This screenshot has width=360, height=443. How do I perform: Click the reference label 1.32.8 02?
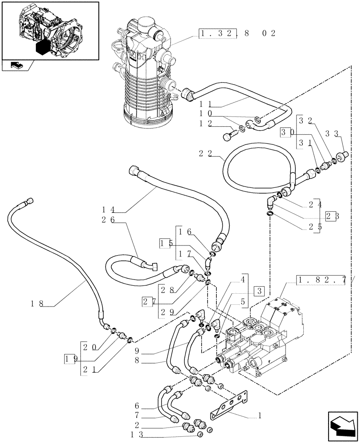[x=237, y=33]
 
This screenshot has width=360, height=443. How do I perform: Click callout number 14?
[x=108, y=209]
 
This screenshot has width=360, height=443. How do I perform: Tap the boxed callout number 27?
[x=148, y=302]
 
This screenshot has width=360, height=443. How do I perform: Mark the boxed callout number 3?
[x=259, y=291]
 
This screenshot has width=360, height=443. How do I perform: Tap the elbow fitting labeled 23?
[x=271, y=203]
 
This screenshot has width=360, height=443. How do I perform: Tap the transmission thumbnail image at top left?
[x=49, y=30]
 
